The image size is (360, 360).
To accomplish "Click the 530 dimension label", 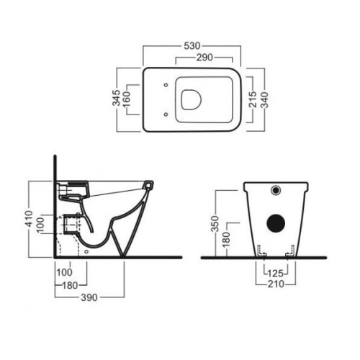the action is coord(192,45).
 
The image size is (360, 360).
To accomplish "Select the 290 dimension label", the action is coord(204,58).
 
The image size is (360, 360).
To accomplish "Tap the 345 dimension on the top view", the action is coord(117,98).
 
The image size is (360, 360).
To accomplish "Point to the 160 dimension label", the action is coord(126,99).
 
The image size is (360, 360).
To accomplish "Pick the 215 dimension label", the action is coord(253,99).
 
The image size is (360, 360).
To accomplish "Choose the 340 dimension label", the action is coord(264,99).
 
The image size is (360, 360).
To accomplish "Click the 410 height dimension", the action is coord(30,218).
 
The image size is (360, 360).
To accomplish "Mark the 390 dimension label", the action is coord(89,297).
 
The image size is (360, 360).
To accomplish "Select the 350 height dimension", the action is coord(215,224).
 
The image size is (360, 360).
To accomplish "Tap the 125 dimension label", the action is coord(275,274).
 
